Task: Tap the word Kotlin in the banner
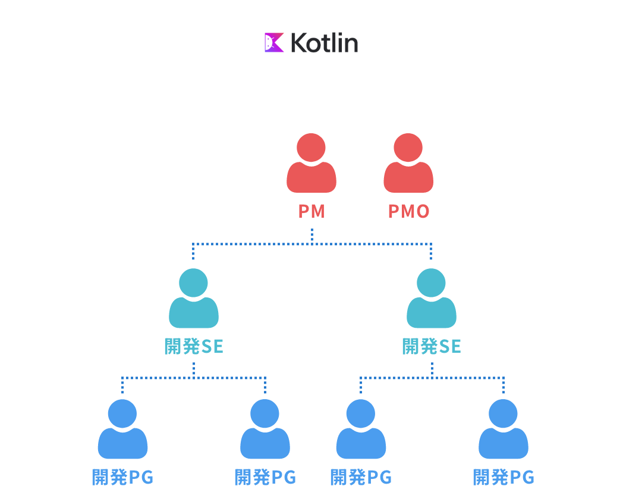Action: tap(324, 43)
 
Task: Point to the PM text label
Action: tap(311, 211)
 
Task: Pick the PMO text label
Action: tap(408, 211)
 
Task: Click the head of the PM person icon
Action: tap(311, 147)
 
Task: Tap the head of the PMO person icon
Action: tap(408, 147)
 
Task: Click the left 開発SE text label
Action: tap(194, 346)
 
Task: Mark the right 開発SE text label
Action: tap(432, 346)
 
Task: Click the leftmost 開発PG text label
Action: tap(122, 477)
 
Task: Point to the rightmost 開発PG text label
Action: tap(504, 477)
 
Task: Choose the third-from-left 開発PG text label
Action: tap(361, 477)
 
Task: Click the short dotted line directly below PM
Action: tap(311, 236)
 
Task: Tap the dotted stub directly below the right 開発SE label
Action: tap(432, 369)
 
